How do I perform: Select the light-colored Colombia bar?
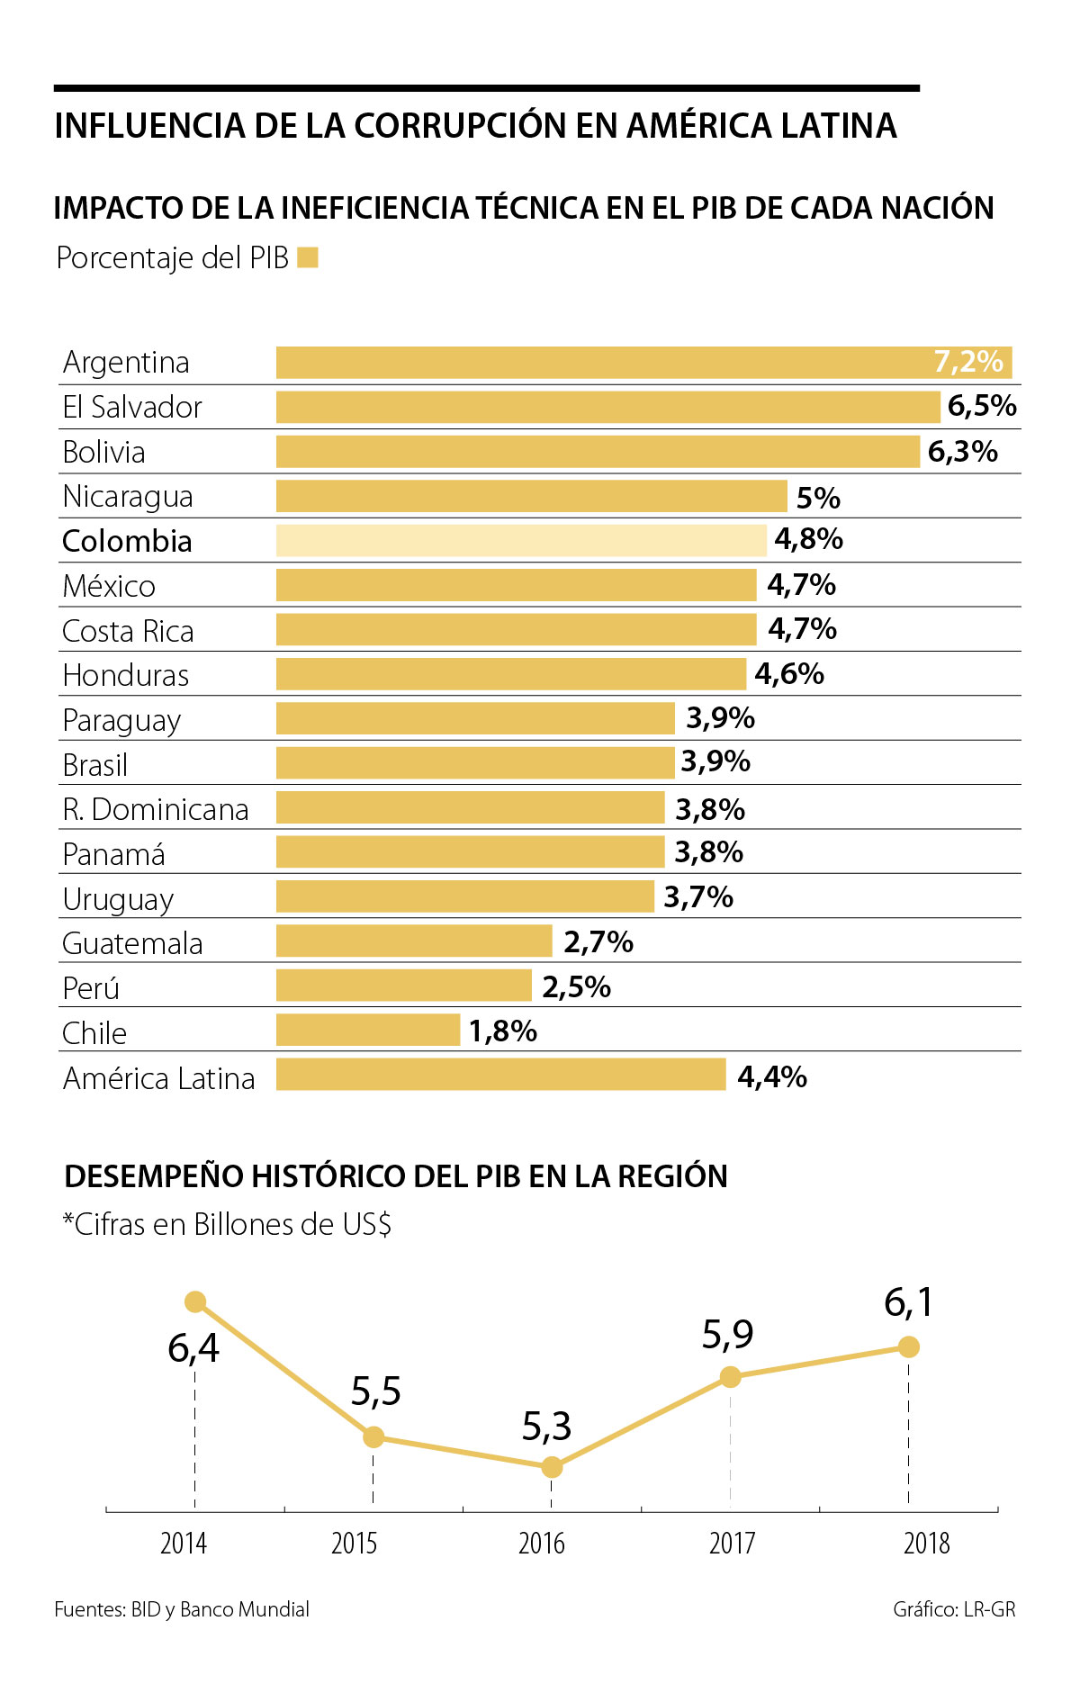click(x=521, y=541)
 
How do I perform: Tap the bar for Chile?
click(x=368, y=1031)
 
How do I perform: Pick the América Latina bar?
click(x=500, y=1075)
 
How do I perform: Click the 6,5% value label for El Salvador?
click(x=982, y=407)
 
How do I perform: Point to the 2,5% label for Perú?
click(x=576, y=987)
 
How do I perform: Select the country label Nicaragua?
click(x=128, y=497)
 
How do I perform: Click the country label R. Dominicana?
click(x=156, y=810)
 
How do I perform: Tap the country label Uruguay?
click(x=118, y=899)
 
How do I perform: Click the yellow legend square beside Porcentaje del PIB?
click(x=308, y=258)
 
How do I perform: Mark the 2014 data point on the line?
click(x=195, y=1302)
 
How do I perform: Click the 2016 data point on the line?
click(x=552, y=1467)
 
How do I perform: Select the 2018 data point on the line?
click(x=909, y=1346)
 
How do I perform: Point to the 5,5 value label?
click(x=376, y=1392)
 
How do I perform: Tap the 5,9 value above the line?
click(x=728, y=1335)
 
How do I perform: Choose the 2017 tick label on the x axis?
click(x=732, y=1544)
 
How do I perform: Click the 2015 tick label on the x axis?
click(x=354, y=1544)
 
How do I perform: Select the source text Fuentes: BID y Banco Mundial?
click(x=182, y=1610)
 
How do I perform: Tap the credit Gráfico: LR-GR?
click(x=954, y=1610)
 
